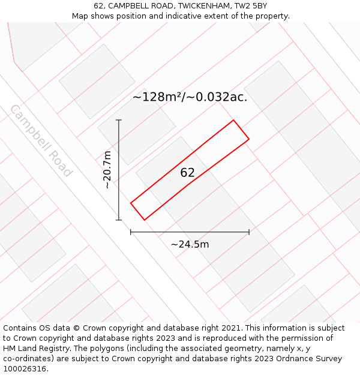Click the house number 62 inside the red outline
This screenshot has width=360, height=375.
(187, 172)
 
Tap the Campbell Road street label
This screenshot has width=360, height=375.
(41, 140)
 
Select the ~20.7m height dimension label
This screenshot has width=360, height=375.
(107, 170)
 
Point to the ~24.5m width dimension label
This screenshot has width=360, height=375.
(190, 244)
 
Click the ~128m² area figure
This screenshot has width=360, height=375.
(156, 97)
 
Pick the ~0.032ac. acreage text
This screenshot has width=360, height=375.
(216, 97)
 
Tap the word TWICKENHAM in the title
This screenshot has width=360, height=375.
(205, 6)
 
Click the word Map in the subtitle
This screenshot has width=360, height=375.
(80, 16)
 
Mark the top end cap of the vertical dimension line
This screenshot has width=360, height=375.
(119, 120)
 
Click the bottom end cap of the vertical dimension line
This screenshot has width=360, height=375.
(119, 220)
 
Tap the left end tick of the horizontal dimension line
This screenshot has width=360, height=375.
(131, 232)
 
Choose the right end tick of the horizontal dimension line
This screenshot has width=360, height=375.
(249, 232)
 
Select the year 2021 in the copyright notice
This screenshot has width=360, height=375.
(231, 328)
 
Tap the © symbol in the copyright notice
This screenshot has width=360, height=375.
(76, 328)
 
